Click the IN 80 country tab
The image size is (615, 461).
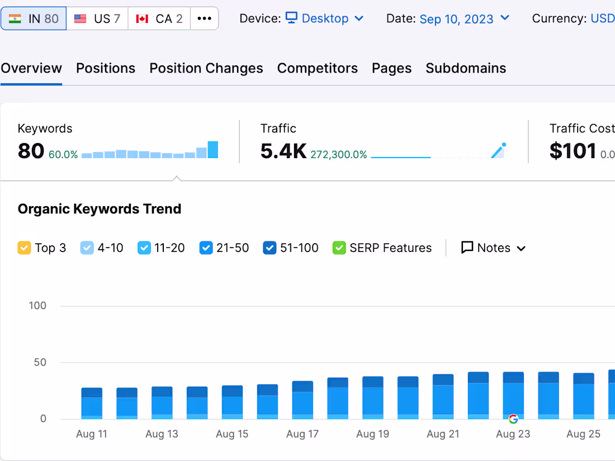(34, 18)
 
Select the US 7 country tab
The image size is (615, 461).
(97, 18)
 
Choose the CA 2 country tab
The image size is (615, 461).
(159, 18)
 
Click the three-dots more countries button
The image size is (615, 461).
(204, 18)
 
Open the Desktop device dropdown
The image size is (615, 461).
(325, 18)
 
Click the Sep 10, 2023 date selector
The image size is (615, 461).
(465, 18)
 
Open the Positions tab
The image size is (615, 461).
(106, 68)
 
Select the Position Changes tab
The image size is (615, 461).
(206, 68)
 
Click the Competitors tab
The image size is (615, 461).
(318, 68)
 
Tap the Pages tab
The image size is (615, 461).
(392, 68)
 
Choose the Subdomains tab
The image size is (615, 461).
(466, 68)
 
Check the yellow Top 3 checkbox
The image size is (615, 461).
(24, 248)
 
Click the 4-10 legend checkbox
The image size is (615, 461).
(87, 248)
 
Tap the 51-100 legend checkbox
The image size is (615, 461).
(269, 248)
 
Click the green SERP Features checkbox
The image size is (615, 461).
(339, 248)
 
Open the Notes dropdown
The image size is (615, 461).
(494, 248)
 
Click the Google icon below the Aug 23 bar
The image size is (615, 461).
(513, 419)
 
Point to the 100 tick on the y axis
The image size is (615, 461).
(38, 306)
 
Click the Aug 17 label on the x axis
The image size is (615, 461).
(302, 434)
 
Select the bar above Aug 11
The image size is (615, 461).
(92, 403)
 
